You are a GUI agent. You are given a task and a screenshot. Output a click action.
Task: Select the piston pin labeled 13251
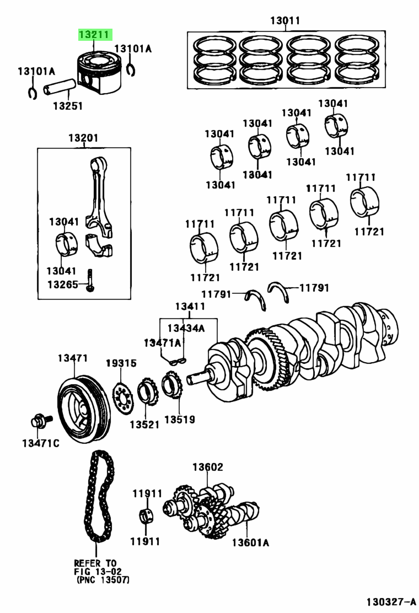coord(59,88)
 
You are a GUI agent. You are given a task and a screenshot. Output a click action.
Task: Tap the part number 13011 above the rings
coord(285,21)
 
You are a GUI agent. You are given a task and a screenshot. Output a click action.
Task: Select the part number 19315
coord(121,364)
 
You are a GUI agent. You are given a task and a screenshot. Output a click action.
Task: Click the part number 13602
coord(207,467)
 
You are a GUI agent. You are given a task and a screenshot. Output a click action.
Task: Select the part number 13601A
coord(250,542)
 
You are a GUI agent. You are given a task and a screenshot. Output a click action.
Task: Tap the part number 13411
coord(190,306)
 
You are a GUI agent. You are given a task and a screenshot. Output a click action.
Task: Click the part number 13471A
coord(163,342)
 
